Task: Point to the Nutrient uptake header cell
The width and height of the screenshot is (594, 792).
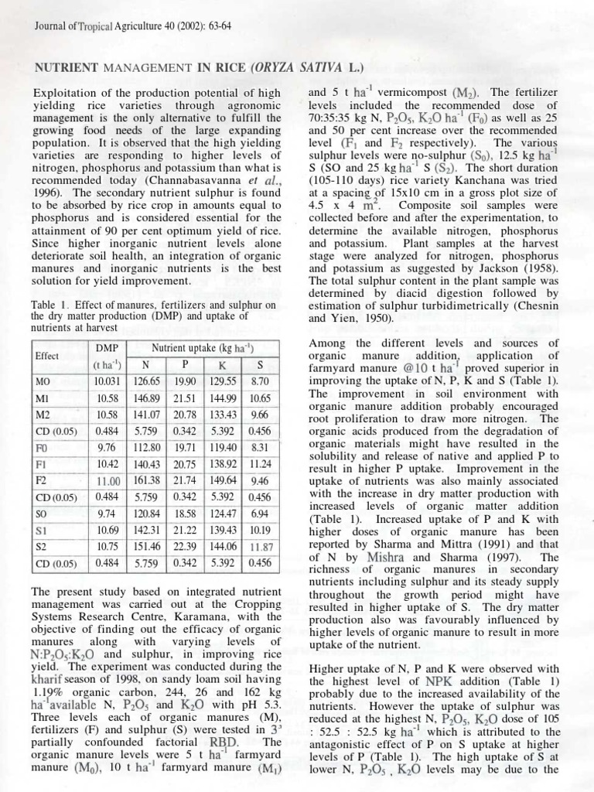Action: (204, 348)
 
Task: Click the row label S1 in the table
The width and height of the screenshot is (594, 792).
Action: (43, 529)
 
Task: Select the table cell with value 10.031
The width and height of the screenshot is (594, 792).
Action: (106, 381)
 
